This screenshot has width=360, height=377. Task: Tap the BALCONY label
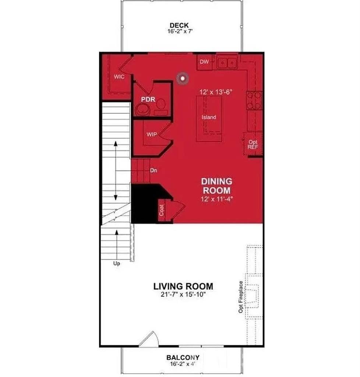pos(183,357)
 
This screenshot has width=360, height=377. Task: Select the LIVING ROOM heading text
pos(183,286)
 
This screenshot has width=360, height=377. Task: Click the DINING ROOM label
pos(216,186)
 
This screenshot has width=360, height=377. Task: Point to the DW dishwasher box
pos(204,62)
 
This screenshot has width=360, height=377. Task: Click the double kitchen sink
pos(227,63)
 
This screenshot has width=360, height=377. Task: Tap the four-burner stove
pos(254,100)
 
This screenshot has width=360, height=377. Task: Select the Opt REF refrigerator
pos(253,144)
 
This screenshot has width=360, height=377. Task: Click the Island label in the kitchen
pos(209,117)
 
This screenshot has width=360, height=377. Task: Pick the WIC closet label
pos(119,77)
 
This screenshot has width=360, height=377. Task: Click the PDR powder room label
pos(148,100)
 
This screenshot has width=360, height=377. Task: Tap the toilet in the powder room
pos(160,106)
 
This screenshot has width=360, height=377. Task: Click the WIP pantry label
pos(152,134)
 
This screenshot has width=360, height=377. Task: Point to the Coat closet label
pos(162,211)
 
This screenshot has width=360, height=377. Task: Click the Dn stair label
pos(154,171)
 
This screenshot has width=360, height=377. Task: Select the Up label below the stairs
pos(116,264)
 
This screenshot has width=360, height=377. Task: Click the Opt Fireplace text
pos(241,297)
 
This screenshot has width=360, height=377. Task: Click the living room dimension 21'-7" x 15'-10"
pos(183,295)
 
